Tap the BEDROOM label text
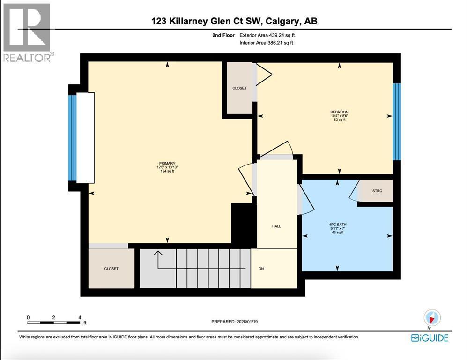point(339,112)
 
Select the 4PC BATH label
point(337,225)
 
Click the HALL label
point(276,226)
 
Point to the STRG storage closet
point(377,191)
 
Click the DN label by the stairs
point(262,269)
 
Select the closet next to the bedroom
point(239,88)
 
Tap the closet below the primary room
point(111,269)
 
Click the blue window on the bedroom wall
point(396,121)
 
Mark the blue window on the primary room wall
point(72,138)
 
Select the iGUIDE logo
point(429,337)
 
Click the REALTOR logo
point(27,32)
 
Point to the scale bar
point(54,322)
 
